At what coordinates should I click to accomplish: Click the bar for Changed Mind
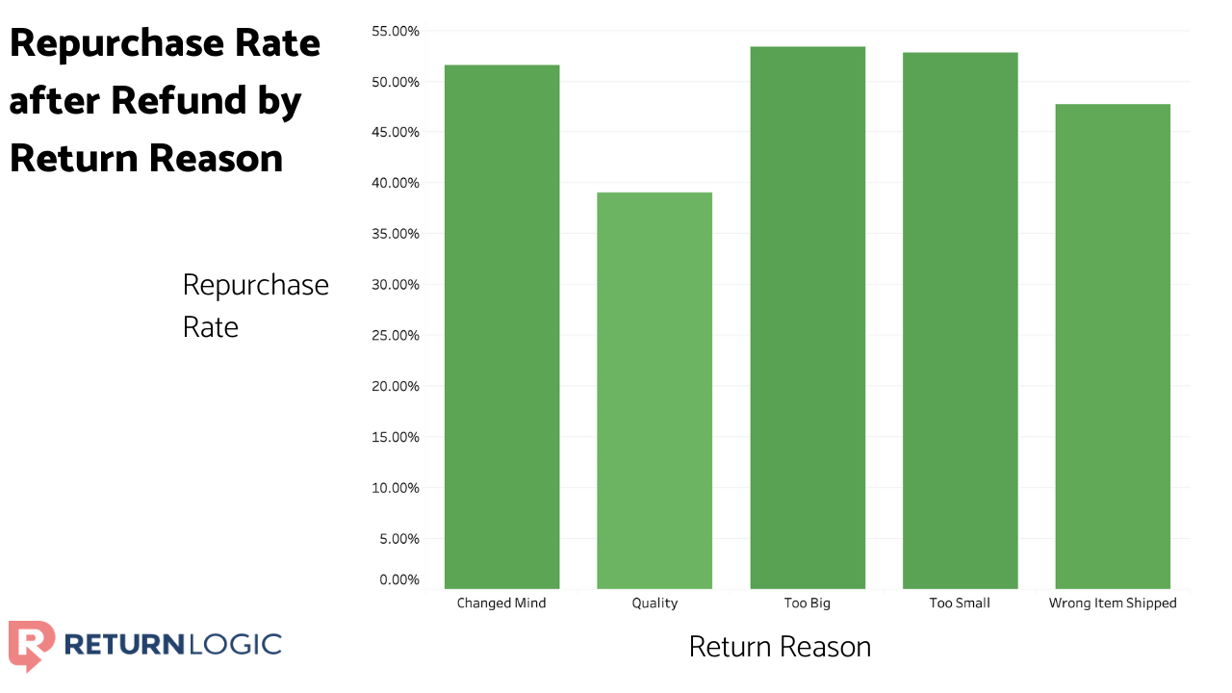click(x=501, y=327)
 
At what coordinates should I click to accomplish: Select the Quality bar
click(x=654, y=391)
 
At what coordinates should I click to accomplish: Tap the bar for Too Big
click(x=808, y=318)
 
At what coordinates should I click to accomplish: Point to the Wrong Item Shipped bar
click(x=1113, y=346)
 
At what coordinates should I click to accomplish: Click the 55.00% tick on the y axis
click(x=395, y=31)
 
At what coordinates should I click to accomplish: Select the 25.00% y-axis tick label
click(x=395, y=336)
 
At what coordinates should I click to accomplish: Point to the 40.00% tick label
click(x=395, y=183)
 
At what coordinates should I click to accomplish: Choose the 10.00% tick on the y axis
click(x=395, y=488)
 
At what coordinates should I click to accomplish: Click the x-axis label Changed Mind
click(x=501, y=603)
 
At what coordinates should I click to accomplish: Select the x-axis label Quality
click(x=654, y=603)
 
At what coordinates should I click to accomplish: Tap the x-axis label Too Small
click(x=960, y=603)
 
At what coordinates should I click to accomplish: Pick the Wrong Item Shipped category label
click(x=1113, y=603)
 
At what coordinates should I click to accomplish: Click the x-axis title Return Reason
click(x=780, y=647)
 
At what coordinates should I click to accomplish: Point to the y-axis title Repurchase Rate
click(x=255, y=305)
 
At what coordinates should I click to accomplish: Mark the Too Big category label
click(x=808, y=603)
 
